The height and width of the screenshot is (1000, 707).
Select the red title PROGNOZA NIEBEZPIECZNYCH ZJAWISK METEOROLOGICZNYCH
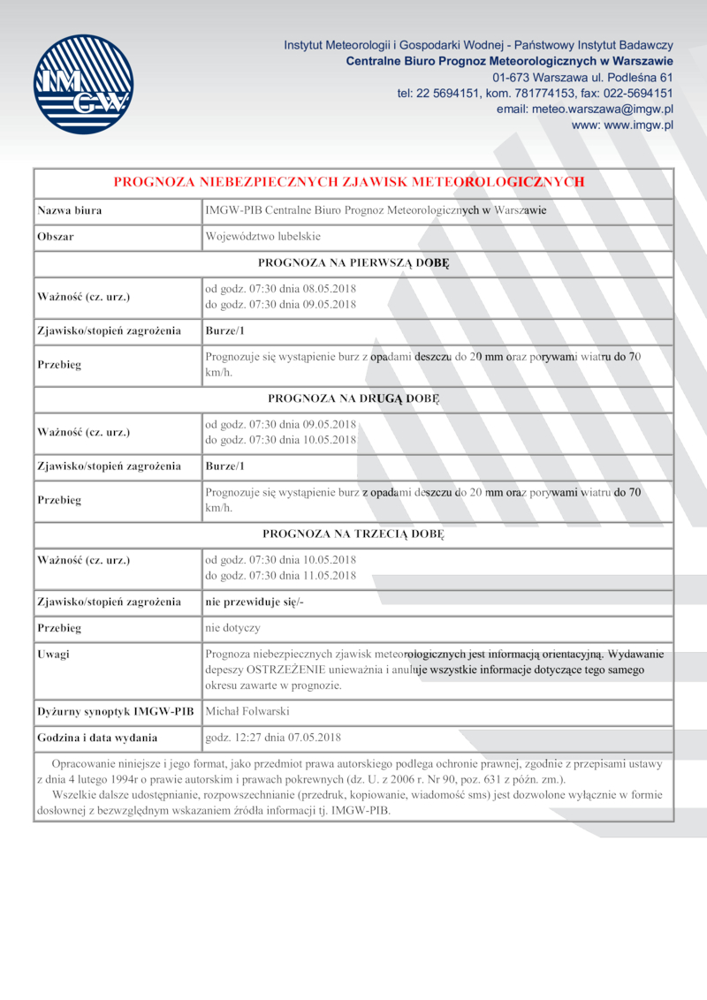pos(349,182)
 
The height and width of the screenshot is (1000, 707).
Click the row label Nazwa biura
pos(70,210)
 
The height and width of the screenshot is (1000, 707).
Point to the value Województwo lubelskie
pos(262,237)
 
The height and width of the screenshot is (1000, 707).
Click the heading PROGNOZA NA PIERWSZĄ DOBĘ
pos(353,262)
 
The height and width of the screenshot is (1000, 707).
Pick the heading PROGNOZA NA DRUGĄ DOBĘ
pos(353,398)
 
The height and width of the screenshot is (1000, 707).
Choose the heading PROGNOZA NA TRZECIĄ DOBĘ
pos(353,534)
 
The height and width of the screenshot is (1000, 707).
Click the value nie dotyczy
pos(232,628)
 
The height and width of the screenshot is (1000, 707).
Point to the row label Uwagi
pos(54,655)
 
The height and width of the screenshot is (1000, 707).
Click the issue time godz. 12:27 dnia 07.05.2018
pos(273,737)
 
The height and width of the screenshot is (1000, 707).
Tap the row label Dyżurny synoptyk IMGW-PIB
pos(115,711)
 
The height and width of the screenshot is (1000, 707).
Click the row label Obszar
pos(56,237)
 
